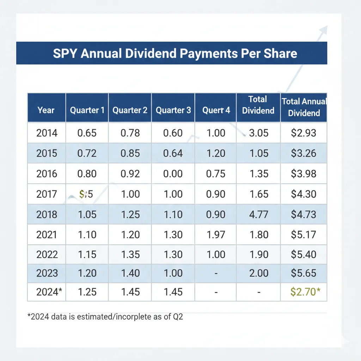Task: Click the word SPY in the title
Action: coord(65,53)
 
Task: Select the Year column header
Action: coord(46,110)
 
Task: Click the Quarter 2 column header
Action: coord(130,110)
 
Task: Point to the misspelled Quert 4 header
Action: coord(216,110)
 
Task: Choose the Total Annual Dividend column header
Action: coord(304,107)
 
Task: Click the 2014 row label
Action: coord(47,133)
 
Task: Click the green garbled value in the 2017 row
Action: coord(86,194)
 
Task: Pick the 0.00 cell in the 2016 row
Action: coord(173,174)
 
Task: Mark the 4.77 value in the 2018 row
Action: coord(258,214)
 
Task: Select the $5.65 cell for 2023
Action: coord(304,273)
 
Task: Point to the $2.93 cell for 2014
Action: coord(304,133)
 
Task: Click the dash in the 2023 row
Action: coord(216,274)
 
